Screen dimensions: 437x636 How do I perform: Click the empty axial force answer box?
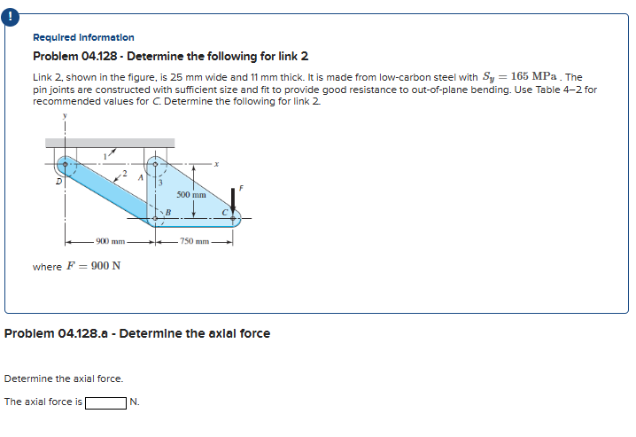click(x=105, y=402)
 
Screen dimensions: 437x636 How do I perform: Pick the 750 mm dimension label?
click(x=193, y=240)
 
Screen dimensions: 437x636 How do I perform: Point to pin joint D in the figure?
click(x=64, y=165)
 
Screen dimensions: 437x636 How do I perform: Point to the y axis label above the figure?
click(x=65, y=114)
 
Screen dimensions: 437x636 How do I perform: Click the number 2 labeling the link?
click(x=126, y=175)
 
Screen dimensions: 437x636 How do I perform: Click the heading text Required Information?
click(x=83, y=37)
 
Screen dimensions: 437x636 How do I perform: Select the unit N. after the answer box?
click(x=135, y=402)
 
